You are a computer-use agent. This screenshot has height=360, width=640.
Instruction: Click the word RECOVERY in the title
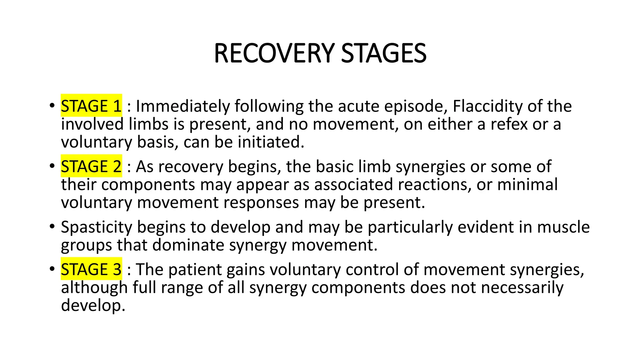tap(274, 53)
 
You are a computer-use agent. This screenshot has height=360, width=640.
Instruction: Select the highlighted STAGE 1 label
tap(91, 106)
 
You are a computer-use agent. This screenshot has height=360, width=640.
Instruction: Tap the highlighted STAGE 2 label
tap(91, 166)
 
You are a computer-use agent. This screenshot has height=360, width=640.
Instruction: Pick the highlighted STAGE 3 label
tap(91, 269)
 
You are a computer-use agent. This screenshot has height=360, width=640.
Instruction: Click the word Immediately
tap(183, 106)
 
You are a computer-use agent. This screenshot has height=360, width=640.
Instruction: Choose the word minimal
tap(527, 184)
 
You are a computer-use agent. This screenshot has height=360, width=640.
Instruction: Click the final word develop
tap(93, 306)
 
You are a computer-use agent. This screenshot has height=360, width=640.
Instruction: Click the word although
tap(94, 287)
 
